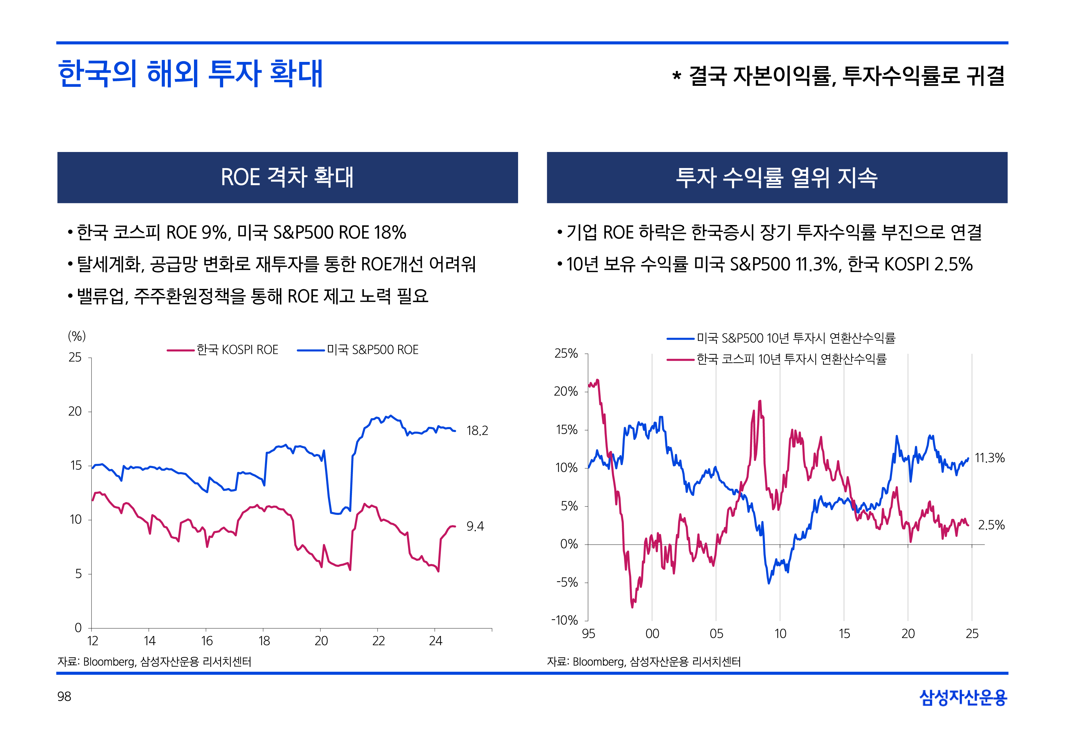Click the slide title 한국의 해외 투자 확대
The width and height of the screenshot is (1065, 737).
(190, 74)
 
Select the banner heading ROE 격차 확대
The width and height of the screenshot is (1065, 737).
(287, 177)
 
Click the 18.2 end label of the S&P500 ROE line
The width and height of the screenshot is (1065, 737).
(477, 431)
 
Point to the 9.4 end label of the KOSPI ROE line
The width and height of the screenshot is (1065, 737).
(475, 526)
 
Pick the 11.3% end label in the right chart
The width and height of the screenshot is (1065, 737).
(989, 458)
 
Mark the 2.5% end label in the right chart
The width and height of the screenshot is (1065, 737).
(991, 525)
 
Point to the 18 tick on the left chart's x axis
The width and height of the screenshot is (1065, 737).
(264, 641)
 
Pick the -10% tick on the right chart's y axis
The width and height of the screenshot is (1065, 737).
(564, 620)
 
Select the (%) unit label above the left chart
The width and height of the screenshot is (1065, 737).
(77, 336)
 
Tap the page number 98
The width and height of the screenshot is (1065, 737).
(64, 696)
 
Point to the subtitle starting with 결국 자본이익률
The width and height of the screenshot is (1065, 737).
(838, 76)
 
